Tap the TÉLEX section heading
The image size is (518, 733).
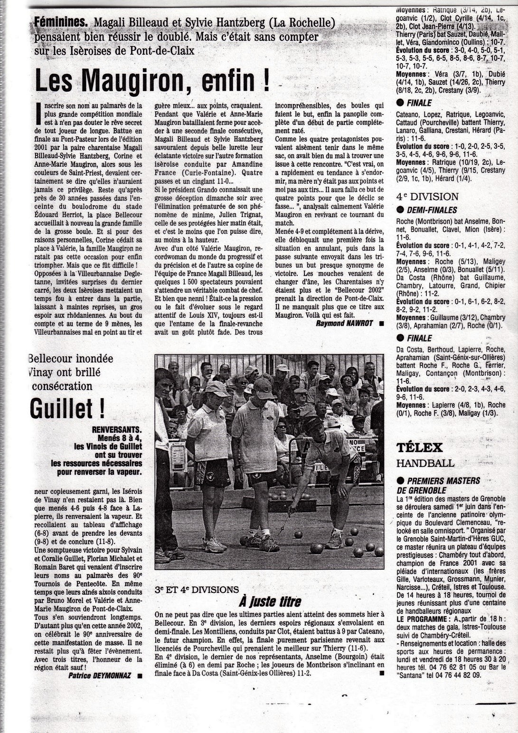point(420,447)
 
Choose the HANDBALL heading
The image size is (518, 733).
point(425,463)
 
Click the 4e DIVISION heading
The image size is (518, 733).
point(427,197)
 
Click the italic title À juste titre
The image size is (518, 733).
point(269,602)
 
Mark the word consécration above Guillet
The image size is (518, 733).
point(62,386)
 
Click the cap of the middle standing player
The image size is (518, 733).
point(264,387)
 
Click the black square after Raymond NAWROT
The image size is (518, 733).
point(381,324)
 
